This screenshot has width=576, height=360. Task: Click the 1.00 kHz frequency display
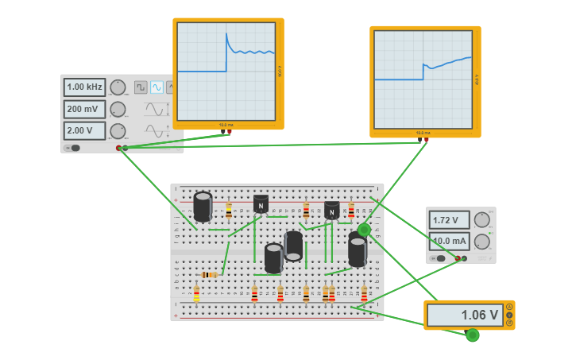tap(84, 87)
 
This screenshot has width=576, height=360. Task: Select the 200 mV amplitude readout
tap(84, 109)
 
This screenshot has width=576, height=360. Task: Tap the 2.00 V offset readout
tap(84, 130)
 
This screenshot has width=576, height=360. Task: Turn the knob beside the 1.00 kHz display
tap(118, 87)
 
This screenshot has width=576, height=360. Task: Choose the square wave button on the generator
tap(141, 87)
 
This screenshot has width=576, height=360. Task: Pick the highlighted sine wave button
tap(157, 87)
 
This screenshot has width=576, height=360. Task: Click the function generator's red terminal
tap(118, 148)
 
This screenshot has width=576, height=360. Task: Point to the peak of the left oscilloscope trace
tap(226, 33)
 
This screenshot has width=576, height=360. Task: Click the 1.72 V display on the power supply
tap(449, 219)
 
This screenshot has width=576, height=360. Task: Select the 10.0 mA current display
tap(449, 241)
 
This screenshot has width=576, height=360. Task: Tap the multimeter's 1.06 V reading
tap(465, 315)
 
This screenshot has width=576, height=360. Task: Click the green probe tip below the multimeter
tap(473, 335)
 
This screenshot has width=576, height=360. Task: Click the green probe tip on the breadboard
tap(364, 230)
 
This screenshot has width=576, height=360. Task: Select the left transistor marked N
tap(261, 203)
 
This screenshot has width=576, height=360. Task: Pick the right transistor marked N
tap(331, 210)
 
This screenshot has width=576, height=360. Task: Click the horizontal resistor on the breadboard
tap(209, 275)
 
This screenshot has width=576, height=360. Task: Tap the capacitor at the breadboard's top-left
tap(203, 206)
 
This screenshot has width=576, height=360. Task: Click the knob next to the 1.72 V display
tap(481, 219)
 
